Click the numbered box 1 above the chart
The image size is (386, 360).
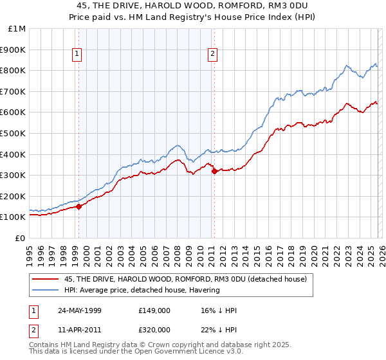point(77,55)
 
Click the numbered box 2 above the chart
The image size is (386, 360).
point(212,55)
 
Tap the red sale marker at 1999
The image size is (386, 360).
point(79,206)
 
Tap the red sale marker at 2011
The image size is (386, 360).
point(214,170)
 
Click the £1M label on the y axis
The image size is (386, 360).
point(17,28)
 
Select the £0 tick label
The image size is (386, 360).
point(21,238)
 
